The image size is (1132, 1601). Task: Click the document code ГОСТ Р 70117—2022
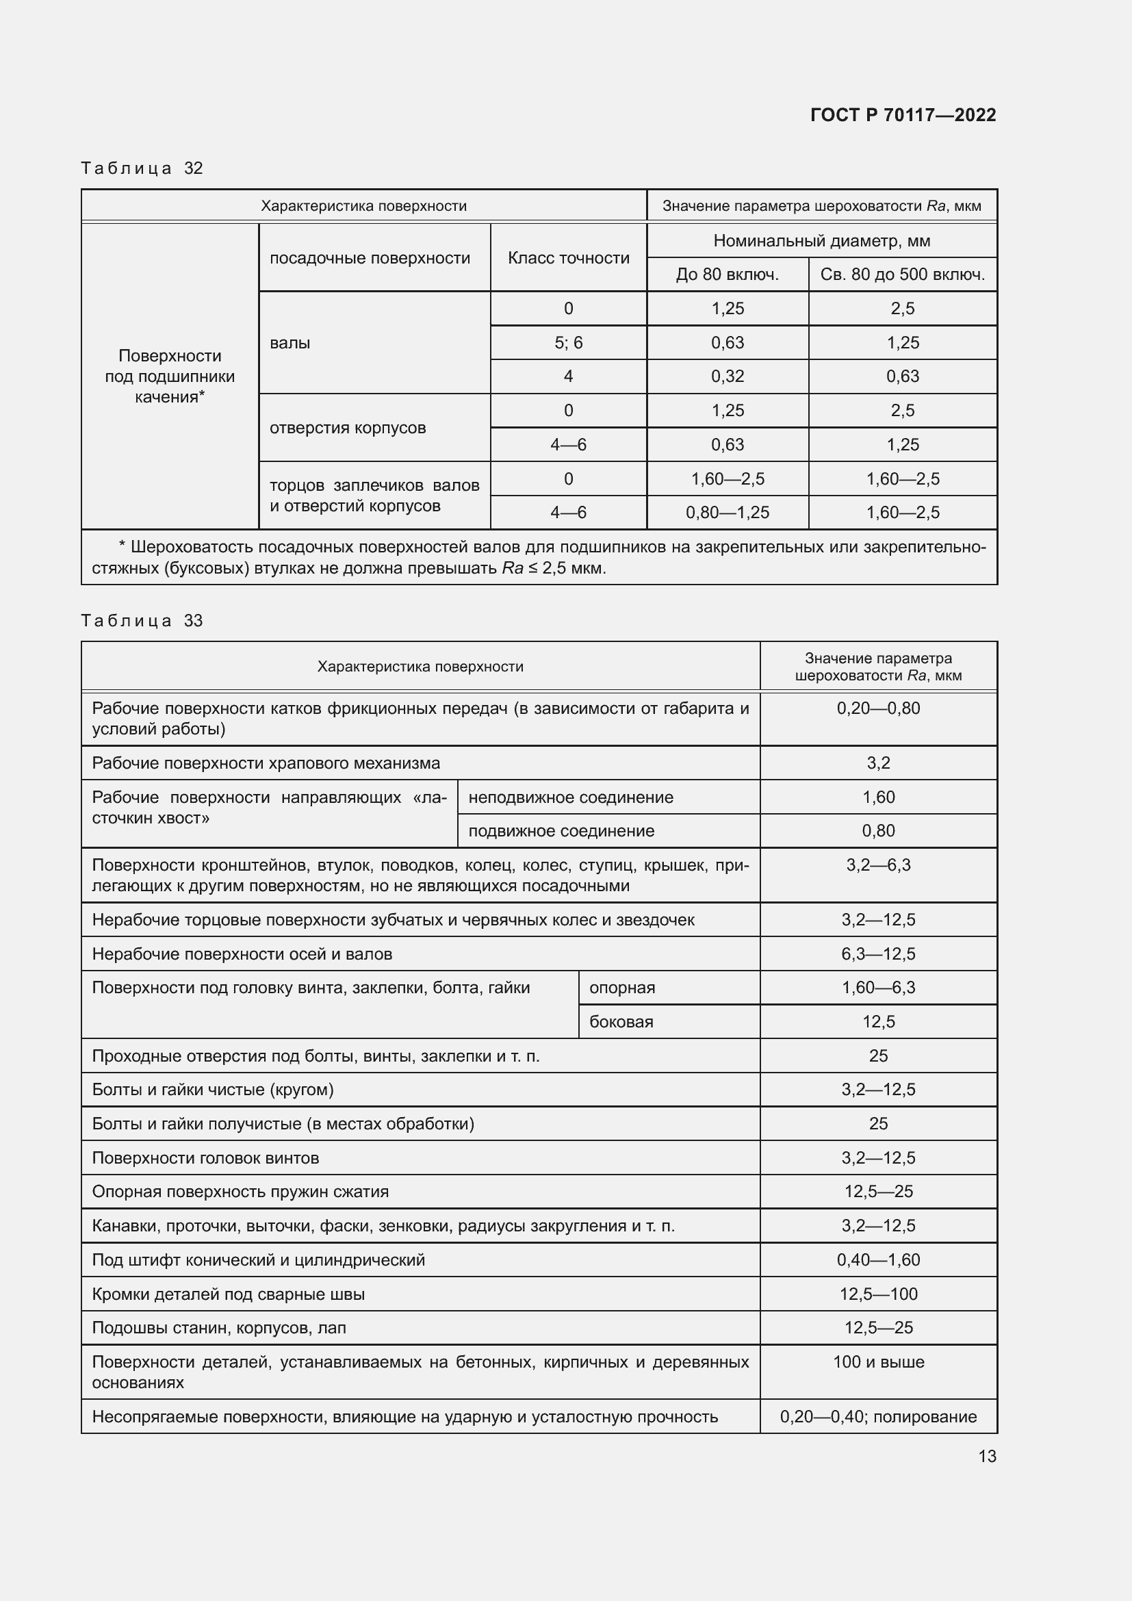tap(903, 115)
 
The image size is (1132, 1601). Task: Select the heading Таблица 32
tap(142, 168)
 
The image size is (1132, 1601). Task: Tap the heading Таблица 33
tap(142, 621)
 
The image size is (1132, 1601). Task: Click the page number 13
tap(987, 1456)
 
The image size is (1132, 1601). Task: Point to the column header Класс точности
tap(568, 258)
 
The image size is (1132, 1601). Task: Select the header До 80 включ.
tap(727, 274)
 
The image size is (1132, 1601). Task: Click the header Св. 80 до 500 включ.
tap(902, 274)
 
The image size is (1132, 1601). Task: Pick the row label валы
tap(290, 343)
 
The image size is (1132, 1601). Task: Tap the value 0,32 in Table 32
tap(727, 376)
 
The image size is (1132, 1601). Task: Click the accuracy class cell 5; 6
tap(568, 343)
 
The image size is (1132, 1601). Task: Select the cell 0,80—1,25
tap(727, 513)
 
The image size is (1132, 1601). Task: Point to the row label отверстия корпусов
tap(347, 427)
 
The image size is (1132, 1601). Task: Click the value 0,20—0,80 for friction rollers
tap(878, 708)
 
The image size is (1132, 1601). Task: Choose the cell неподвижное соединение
tap(570, 797)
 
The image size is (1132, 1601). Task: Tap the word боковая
tap(621, 1021)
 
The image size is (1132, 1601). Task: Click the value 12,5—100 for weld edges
tap(878, 1294)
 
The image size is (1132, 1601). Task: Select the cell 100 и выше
tap(878, 1362)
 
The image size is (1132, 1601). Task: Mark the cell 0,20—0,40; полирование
tap(878, 1416)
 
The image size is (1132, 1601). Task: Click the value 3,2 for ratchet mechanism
tap(878, 763)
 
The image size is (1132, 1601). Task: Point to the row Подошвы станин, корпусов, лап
tap(219, 1328)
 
